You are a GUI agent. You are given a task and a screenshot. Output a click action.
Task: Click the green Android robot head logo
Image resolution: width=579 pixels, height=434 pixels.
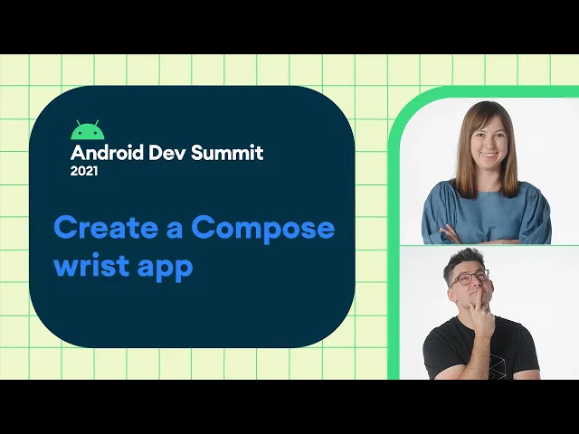click(87, 130)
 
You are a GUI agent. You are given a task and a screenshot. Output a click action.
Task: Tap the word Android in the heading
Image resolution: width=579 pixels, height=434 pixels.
click(107, 153)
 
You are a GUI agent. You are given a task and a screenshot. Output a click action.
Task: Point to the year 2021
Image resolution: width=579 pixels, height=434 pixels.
click(84, 171)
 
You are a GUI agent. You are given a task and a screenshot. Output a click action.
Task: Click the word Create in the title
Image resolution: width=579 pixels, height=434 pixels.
click(107, 227)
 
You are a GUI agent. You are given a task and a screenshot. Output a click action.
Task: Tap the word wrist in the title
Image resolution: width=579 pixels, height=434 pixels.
click(91, 264)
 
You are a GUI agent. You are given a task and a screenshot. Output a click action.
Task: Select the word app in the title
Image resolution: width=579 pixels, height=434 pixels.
click(165, 268)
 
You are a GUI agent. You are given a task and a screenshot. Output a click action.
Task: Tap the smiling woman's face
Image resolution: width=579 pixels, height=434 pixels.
click(489, 141)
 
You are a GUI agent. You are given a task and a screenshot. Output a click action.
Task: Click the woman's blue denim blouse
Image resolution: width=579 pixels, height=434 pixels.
click(487, 212)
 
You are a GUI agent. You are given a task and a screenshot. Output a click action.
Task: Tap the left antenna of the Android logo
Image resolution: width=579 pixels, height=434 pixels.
click(79, 123)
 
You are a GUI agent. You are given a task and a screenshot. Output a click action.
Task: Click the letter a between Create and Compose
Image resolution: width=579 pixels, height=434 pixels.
click(175, 230)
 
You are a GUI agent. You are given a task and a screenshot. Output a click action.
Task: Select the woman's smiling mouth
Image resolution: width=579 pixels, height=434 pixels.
click(489, 155)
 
